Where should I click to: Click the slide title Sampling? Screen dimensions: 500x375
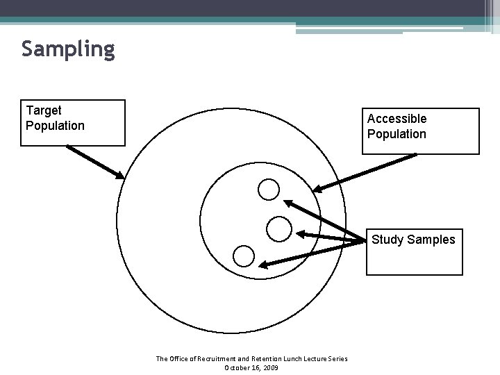[67, 49]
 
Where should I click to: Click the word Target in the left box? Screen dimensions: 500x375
[44, 110]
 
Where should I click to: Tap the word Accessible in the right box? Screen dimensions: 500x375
[397, 119]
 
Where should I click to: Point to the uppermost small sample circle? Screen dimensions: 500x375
[269, 188]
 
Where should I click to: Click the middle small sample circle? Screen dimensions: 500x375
[278, 228]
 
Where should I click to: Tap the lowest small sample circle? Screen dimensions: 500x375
[244, 256]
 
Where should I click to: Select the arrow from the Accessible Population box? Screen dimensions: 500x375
[365, 172]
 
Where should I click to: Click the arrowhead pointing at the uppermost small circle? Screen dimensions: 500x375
[288, 203]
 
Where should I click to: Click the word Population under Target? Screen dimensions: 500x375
[55, 126]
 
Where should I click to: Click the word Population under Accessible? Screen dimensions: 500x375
[397, 134]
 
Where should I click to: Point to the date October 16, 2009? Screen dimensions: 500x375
[251, 367]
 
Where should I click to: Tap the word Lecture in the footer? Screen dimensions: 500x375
[312, 358]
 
